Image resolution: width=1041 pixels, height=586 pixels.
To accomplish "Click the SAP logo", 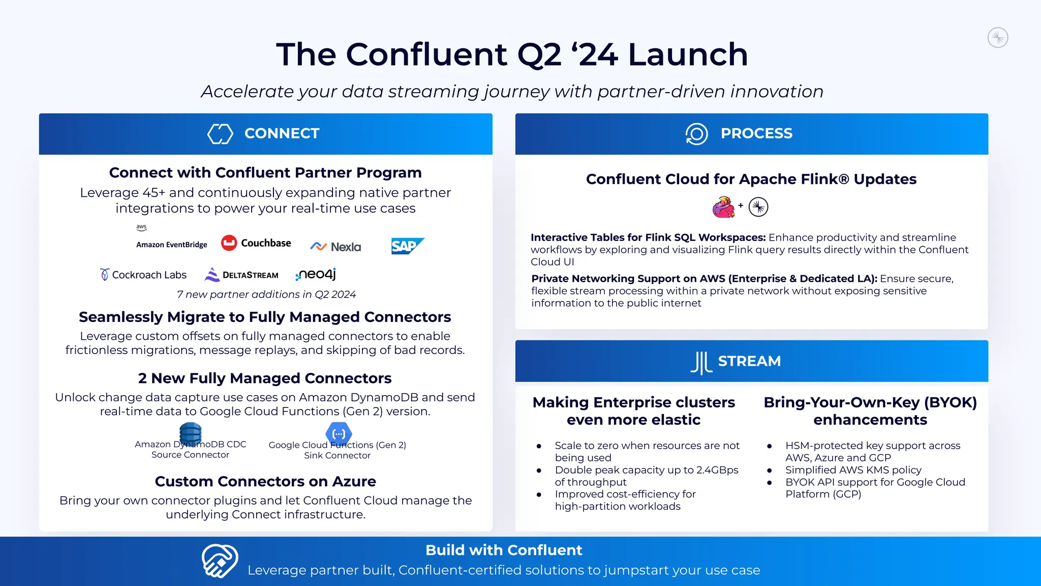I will click(x=407, y=246).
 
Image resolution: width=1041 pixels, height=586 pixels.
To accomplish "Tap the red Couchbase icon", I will click(x=229, y=243).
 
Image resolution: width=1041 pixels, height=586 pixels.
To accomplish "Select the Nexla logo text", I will click(x=346, y=247).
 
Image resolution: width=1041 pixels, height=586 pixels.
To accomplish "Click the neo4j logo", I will click(x=316, y=275).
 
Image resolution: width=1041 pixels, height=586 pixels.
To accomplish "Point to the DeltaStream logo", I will click(x=241, y=275).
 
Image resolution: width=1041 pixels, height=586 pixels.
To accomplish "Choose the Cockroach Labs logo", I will click(x=143, y=275).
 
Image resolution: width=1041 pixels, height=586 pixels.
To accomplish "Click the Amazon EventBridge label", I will click(x=172, y=245).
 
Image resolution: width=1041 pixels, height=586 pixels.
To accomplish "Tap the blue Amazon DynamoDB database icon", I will click(x=191, y=433).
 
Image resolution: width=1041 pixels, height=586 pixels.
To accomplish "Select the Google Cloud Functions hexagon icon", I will click(x=339, y=434).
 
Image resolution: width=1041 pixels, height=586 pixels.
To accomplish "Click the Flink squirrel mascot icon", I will click(x=723, y=207).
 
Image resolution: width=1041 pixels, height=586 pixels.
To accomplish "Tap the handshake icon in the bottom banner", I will click(x=220, y=561).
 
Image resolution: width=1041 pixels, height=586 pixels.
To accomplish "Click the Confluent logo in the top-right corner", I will click(x=998, y=38).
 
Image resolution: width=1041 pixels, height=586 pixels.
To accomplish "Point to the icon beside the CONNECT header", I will click(x=220, y=134).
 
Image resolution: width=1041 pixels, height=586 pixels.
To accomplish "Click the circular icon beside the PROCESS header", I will click(x=696, y=134).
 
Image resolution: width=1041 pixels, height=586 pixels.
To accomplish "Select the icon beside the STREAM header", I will click(x=701, y=362).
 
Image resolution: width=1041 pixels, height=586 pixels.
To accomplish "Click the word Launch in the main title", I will click(x=688, y=54).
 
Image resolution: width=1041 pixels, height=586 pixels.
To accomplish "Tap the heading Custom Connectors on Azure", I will click(x=265, y=481).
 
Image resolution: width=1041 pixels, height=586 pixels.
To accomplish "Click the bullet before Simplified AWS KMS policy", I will click(x=770, y=471).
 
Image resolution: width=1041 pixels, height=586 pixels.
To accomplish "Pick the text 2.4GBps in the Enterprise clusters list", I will click(x=717, y=470).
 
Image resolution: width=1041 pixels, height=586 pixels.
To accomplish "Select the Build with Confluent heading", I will click(x=504, y=550).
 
